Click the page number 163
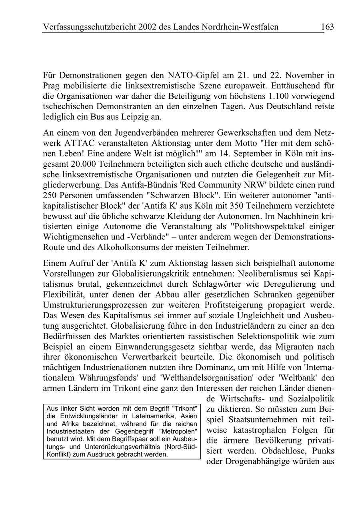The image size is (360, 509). pos(326,27)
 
